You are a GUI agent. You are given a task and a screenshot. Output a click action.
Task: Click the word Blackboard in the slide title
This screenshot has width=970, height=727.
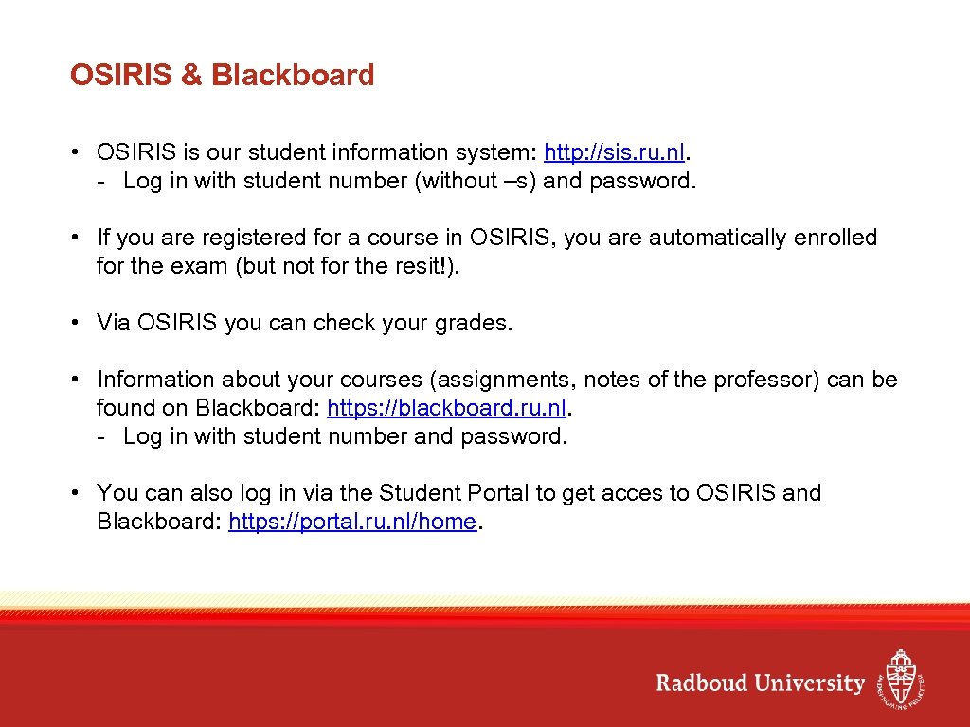coord(293,76)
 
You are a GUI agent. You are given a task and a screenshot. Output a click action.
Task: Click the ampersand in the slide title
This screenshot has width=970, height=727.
coord(191,76)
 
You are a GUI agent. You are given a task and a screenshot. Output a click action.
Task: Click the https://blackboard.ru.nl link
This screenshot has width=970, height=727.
coord(450,408)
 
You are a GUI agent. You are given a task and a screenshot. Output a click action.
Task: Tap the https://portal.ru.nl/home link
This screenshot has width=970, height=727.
coord(352,522)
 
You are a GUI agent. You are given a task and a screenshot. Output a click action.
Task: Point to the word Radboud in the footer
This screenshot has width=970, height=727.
coord(702,683)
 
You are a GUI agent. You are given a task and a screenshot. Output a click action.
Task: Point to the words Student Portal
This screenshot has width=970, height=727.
coord(437,493)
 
